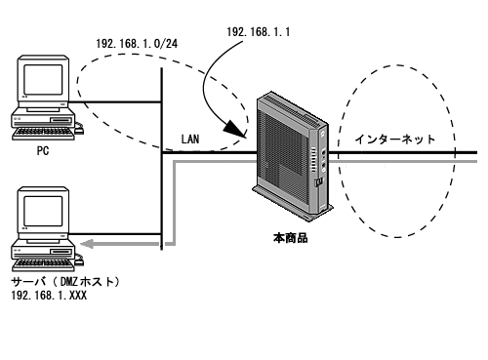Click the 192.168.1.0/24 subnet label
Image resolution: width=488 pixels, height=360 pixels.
coord(137,44)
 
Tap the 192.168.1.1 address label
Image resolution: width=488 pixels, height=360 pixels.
coord(259,32)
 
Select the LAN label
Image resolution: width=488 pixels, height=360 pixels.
coord(190,140)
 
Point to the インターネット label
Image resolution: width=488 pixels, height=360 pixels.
coord(395,140)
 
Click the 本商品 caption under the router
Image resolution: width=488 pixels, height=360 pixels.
coord(291,238)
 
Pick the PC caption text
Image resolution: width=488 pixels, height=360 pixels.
coord(43,151)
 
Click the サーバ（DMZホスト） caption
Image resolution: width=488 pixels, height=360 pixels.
coord(66,282)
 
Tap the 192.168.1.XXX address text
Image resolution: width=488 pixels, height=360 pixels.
coord(49,296)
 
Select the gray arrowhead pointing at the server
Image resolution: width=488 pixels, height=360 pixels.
coord(87,244)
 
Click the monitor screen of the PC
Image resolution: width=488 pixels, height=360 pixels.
coord(43,79)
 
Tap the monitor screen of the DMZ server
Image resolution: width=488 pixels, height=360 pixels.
coord(43,212)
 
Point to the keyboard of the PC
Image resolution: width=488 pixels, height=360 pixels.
coord(43,134)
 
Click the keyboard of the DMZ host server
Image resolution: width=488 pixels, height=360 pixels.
coord(43,264)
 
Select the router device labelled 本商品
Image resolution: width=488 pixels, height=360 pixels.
coord(293,156)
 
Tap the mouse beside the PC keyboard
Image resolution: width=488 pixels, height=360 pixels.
coord(79,129)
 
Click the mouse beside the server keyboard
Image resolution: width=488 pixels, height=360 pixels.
coord(79,260)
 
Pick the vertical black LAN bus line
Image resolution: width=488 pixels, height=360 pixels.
coord(162,159)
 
